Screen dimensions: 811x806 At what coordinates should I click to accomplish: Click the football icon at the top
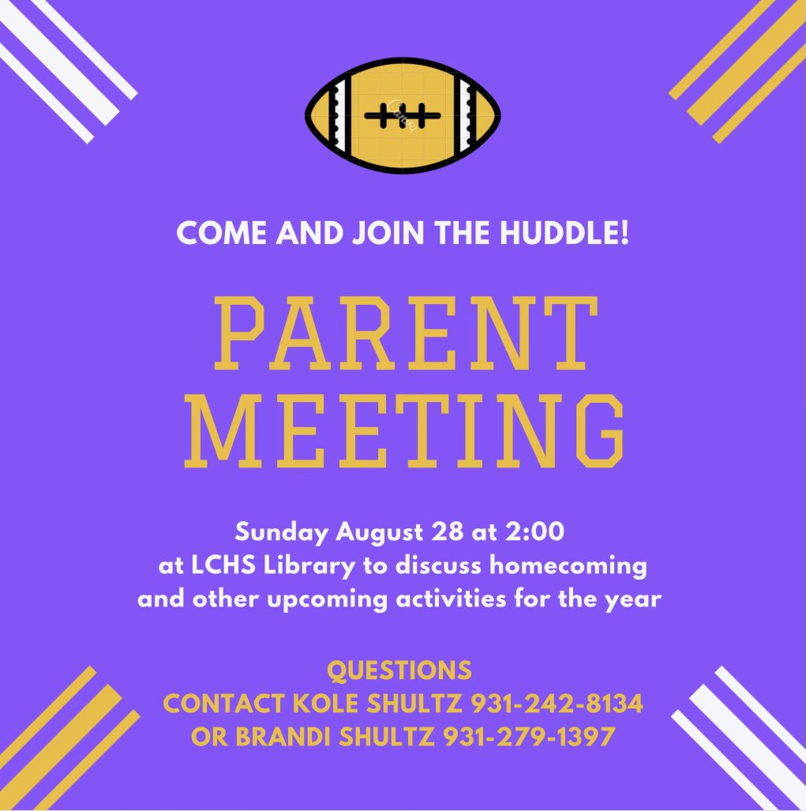tap(403, 115)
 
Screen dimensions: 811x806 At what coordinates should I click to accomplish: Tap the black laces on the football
tap(403, 115)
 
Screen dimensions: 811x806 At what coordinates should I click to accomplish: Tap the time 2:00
tap(538, 533)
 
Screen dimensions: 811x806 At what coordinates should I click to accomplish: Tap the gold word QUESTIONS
tap(399, 671)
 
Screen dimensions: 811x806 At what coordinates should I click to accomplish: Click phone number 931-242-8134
tap(557, 704)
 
